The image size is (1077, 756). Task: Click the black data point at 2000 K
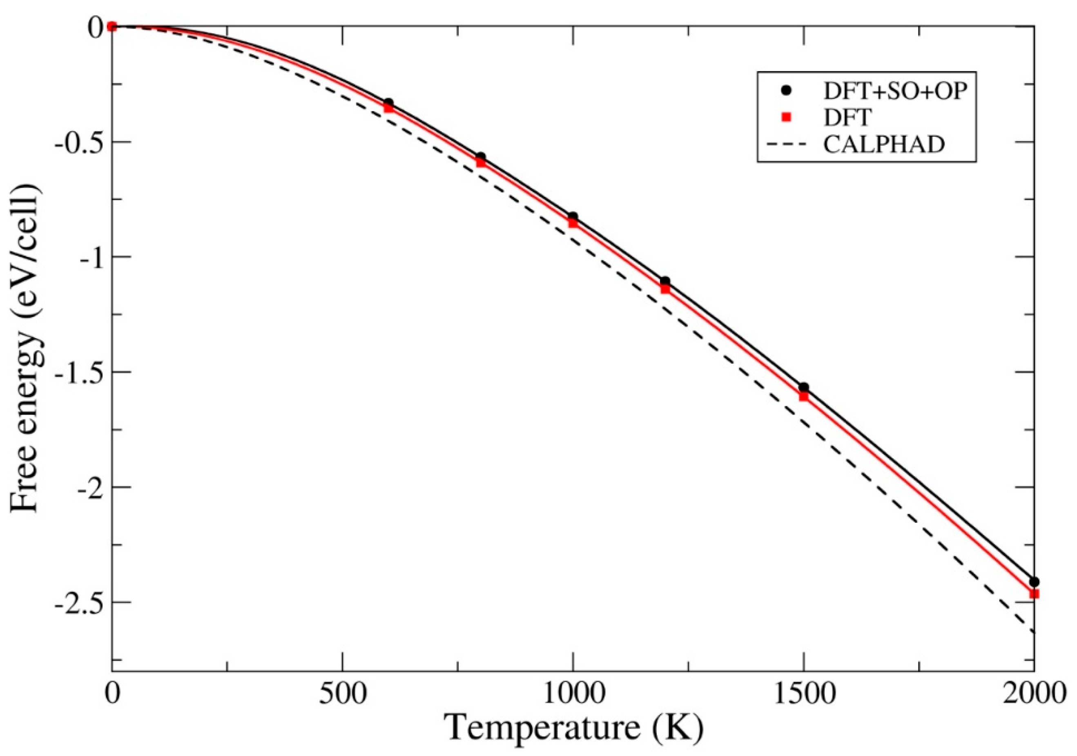point(1034,582)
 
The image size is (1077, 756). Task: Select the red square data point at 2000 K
point(1034,594)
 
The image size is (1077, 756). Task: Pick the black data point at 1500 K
point(803,387)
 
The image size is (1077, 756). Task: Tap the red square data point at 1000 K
point(573,223)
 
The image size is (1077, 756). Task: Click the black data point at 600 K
point(388,102)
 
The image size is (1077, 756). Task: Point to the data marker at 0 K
point(111,27)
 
